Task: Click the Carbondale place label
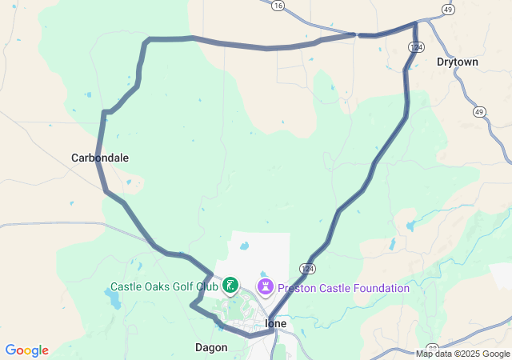click(100, 158)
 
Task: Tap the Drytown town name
click(458, 62)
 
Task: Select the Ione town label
click(275, 323)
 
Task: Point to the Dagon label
click(211, 347)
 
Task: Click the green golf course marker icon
click(230, 285)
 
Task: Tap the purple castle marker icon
click(265, 286)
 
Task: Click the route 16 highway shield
click(278, 5)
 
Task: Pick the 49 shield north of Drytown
click(448, 10)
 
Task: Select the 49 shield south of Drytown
click(478, 111)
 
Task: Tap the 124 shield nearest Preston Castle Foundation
click(309, 268)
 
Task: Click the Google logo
click(26, 350)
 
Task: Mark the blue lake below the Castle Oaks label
click(113, 301)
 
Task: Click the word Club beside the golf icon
click(208, 286)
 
